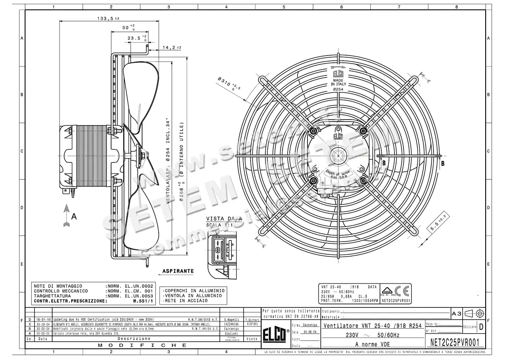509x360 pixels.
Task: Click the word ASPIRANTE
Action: [x=178, y=271]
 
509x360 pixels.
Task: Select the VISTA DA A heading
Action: [x=224, y=219]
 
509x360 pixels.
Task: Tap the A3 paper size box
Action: [x=456, y=313]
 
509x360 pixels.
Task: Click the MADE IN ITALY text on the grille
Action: [x=338, y=82]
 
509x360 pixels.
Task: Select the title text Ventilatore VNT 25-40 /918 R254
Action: [x=372, y=326]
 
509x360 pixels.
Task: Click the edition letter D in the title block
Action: [x=481, y=327]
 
